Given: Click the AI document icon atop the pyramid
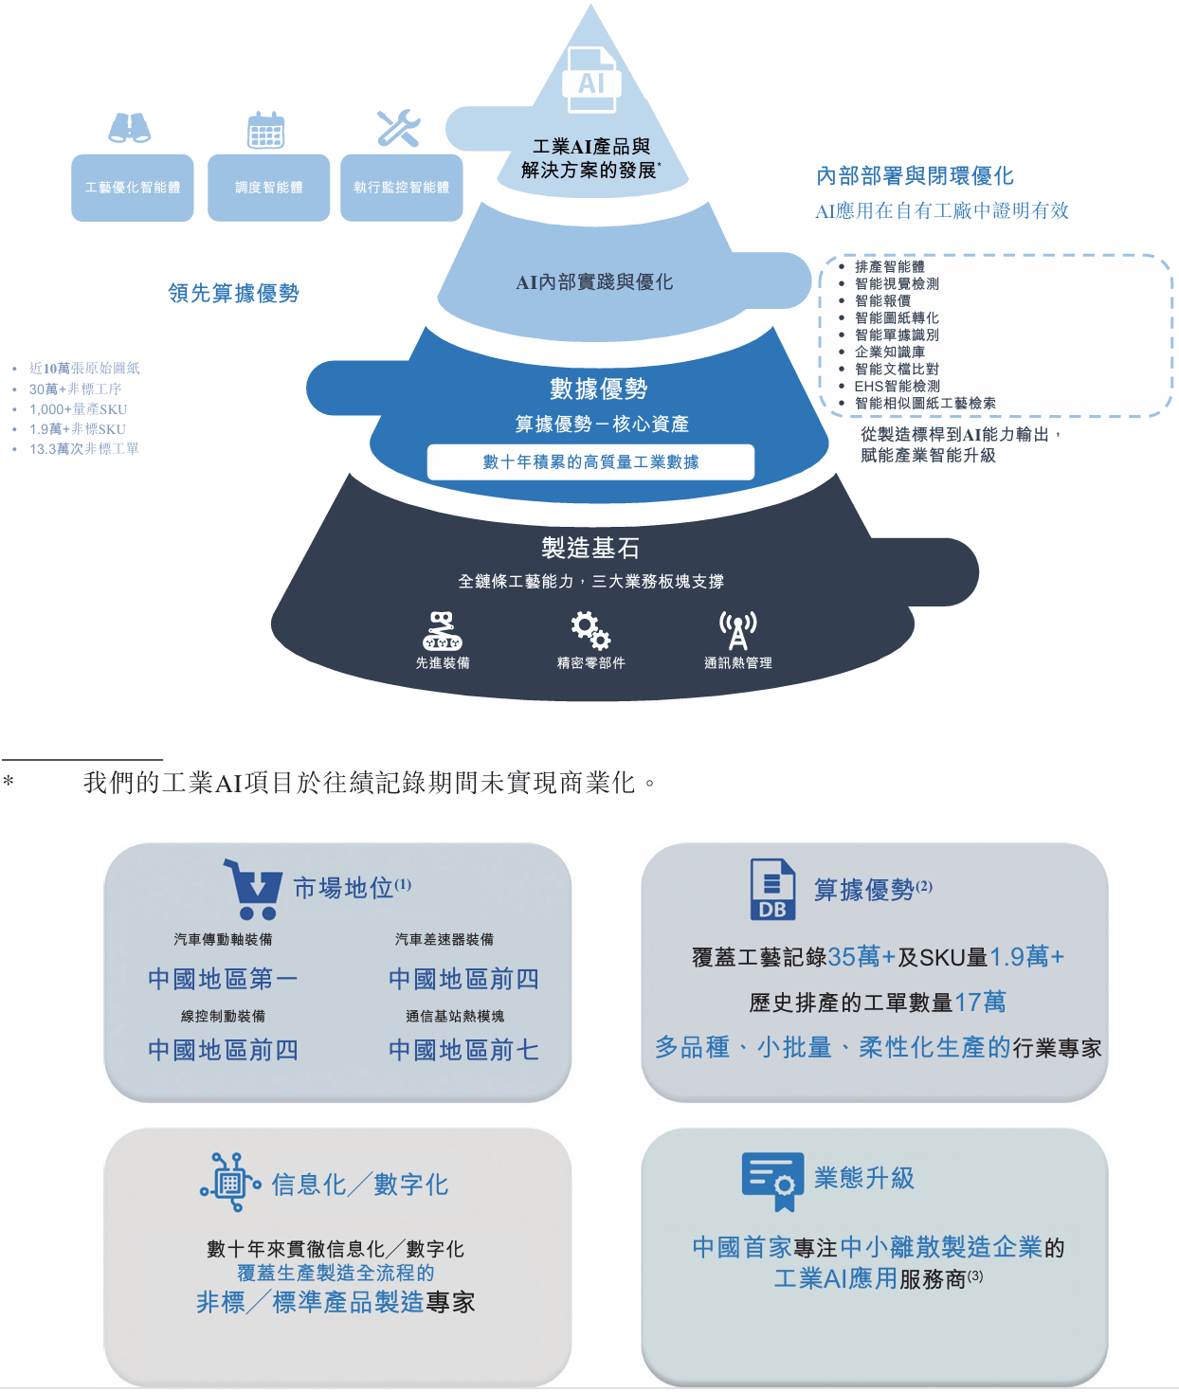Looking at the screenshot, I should (x=591, y=80).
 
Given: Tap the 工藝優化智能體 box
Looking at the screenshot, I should (x=133, y=188).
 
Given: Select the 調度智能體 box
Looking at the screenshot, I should (x=269, y=188).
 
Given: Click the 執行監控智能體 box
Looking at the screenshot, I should (x=402, y=188).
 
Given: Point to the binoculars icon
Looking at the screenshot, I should (x=130, y=128).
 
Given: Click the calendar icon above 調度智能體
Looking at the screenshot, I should (x=266, y=129).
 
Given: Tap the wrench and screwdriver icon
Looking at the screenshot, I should (x=398, y=128).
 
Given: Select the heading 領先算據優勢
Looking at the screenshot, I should (x=234, y=293).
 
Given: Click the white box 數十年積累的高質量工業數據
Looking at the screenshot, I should (x=590, y=461).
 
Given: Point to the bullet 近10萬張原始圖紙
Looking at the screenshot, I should (x=84, y=368).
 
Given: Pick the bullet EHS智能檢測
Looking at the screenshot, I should (x=897, y=386).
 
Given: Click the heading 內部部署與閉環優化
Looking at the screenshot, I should (x=915, y=175).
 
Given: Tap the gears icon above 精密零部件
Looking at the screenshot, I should (x=589, y=629).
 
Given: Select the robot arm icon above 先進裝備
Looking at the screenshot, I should (x=443, y=630).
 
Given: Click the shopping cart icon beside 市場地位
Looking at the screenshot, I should (x=253, y=889).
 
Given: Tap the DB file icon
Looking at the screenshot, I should (x=772, y=890).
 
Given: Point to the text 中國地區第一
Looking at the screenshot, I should (x=223, y=979).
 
